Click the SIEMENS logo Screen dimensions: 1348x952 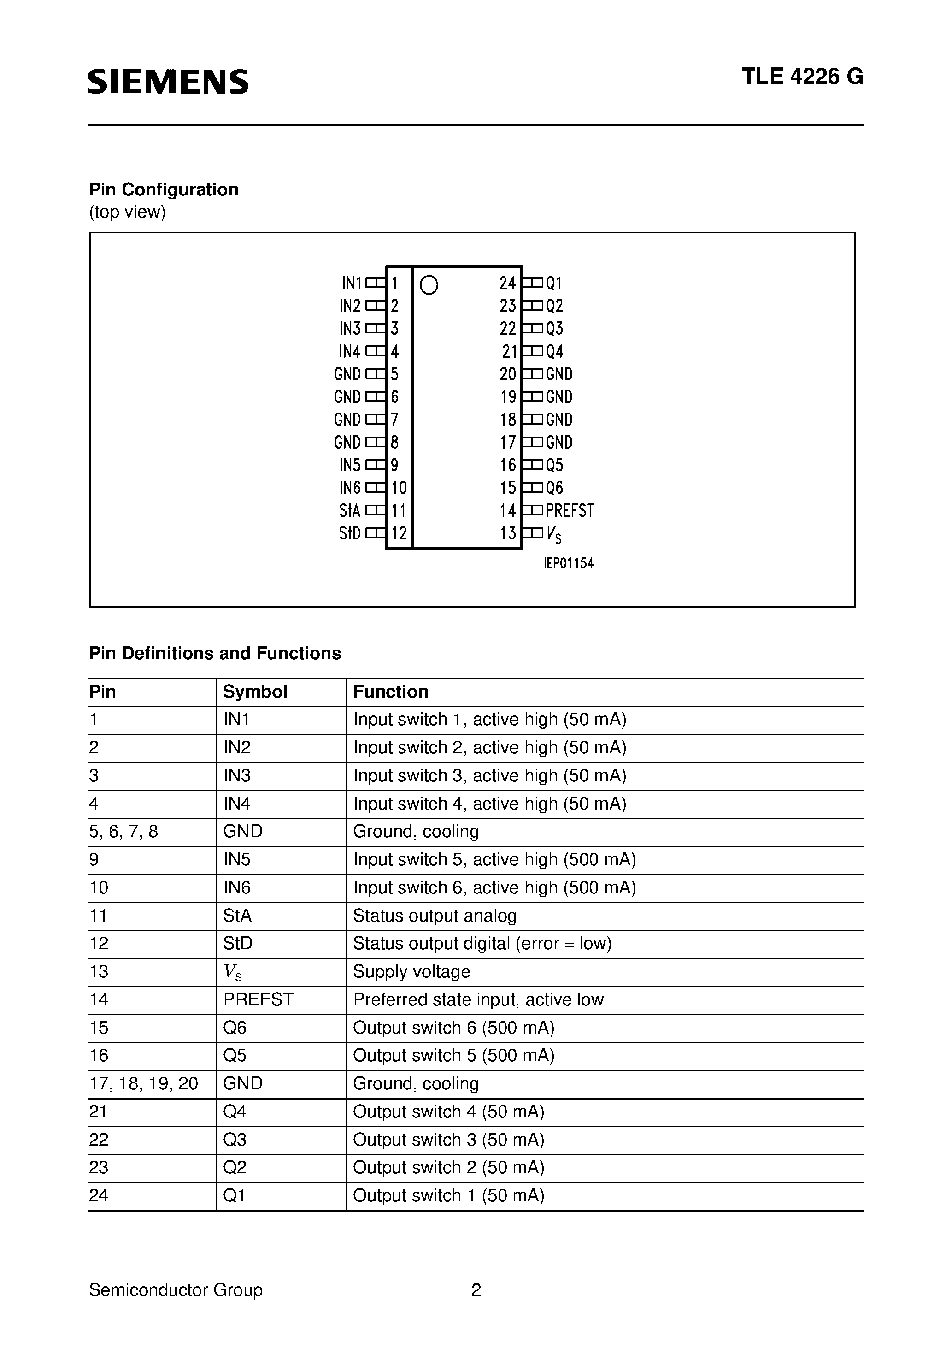169,82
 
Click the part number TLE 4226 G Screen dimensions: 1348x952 802,77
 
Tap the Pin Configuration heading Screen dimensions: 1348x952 164,189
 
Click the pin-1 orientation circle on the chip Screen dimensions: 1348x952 429,285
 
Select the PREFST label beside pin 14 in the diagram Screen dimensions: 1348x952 570,511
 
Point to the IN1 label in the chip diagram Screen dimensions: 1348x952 352,284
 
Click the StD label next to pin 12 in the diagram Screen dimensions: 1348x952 350,534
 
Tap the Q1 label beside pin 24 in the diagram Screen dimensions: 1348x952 554,284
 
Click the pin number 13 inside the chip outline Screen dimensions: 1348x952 508,534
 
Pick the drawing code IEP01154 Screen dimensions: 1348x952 568,564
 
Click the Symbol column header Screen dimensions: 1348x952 255,692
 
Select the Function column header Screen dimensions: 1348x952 390,692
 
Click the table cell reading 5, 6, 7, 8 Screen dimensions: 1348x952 124,831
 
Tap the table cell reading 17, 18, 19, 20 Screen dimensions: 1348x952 144,1083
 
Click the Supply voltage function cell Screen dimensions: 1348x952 411,972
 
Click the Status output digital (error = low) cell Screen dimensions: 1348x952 482,944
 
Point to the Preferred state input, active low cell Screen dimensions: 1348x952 478,999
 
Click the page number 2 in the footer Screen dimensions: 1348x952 476,1290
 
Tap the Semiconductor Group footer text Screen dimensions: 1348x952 176,1290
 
